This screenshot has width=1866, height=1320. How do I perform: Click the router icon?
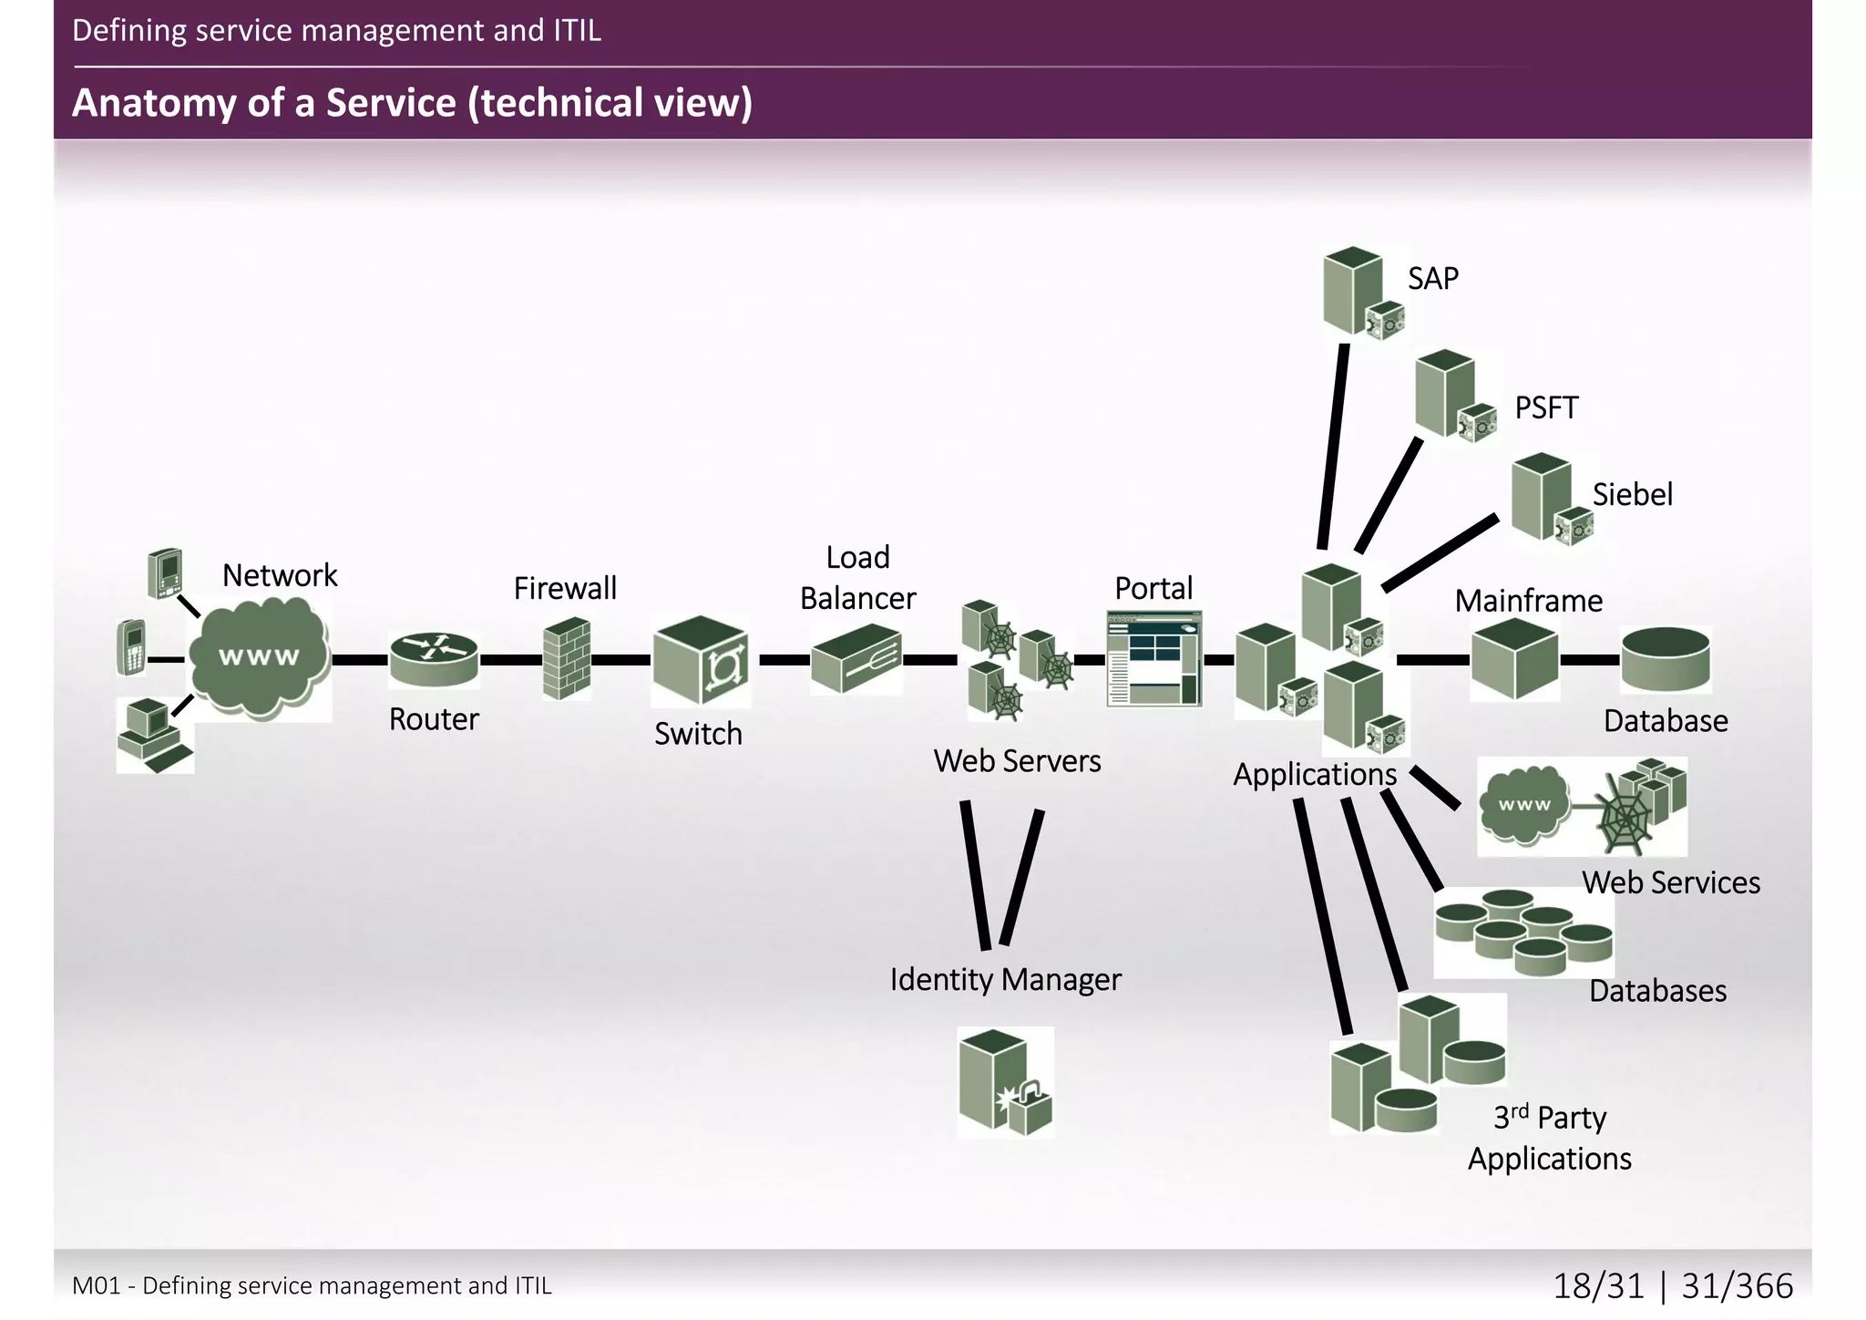coord(434,658)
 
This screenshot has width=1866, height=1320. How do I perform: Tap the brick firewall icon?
coord(567,659)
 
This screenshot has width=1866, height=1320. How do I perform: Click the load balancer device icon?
coord(856,658)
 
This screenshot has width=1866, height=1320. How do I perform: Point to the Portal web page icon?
coord(1154,659)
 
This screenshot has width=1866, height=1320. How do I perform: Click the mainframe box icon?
coord(1514,659)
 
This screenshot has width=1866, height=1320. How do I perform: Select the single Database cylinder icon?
coord(1666,659)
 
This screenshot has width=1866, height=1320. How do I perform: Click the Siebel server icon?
coord(1550,498)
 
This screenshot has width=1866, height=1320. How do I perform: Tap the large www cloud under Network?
coord(260,656)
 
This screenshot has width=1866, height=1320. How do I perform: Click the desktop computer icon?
coord(154,735)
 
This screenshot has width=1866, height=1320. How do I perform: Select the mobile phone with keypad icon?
coord(132,647)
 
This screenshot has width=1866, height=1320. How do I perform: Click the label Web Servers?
coord(1017,761)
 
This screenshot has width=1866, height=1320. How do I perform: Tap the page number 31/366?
coord(1737,1285)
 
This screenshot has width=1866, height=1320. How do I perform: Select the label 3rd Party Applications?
coord(1549,1138)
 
